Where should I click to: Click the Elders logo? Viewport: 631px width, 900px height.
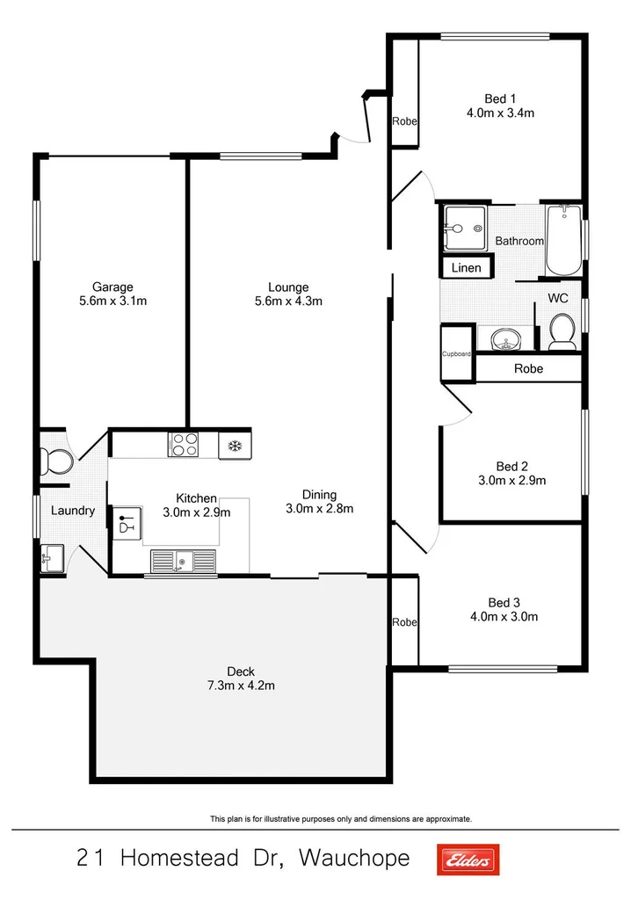click(x=468, y=859)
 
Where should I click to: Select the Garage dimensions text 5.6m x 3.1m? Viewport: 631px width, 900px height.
click(x=113, y=301)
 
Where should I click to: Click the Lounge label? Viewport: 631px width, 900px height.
click(x=288, y=287)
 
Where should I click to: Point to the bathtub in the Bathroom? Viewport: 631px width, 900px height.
click(x=562, y=240)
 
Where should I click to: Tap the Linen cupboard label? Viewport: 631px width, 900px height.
click(x=466, y=267)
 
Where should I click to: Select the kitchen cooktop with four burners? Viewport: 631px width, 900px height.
click(x=183, y=445)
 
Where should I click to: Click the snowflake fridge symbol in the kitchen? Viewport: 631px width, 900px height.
click(x=235, y=446)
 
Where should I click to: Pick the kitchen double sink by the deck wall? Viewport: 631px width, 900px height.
click(x=182, y=561)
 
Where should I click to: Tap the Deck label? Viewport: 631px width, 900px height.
click(x=240, y=671)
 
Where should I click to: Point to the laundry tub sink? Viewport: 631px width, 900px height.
click(x=51, y=557)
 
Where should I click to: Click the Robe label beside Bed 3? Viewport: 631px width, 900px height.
click(x=404, y=622)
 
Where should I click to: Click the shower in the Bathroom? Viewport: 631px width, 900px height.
click(x=462, y=228)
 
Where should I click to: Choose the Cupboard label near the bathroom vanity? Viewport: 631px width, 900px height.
click(x=456, y=354)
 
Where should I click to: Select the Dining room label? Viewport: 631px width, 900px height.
click(x=319, y=494)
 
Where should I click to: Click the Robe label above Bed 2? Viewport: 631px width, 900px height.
click(x=528, y=369)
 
